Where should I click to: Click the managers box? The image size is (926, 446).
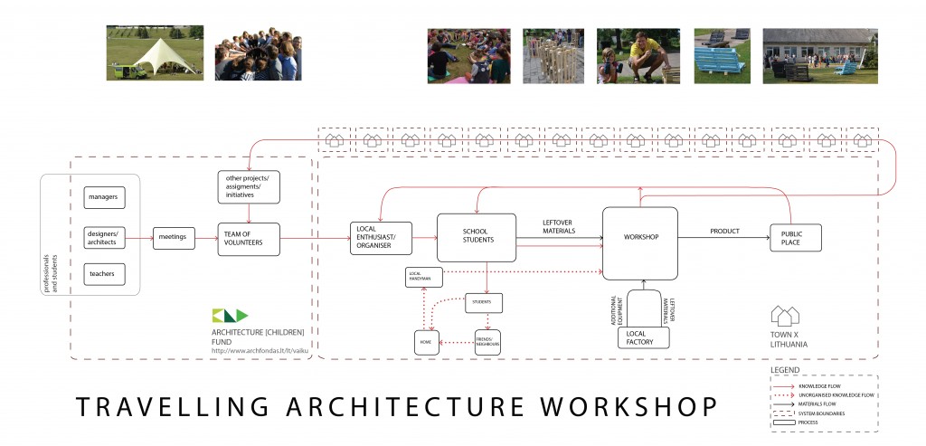point(107,196)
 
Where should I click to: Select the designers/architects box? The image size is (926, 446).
point(106,237)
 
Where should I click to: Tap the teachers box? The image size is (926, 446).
point(106,273)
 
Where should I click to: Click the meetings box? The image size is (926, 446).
point(172,237)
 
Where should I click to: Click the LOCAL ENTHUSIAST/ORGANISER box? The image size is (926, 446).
point(380,237)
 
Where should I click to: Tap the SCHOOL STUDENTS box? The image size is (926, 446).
point(476,237)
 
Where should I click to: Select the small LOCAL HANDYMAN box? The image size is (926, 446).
point(424,277)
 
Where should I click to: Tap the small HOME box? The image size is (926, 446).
point(426,342)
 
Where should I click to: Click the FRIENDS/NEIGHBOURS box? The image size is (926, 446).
point(487,342)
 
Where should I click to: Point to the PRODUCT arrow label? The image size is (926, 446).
point(724,232)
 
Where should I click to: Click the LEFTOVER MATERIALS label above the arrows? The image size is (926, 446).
point(558,226)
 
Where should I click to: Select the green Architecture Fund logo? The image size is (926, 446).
point(230,315)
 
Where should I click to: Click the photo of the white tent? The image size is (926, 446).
point(155,52)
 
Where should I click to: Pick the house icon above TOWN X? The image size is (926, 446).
point(785,316)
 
